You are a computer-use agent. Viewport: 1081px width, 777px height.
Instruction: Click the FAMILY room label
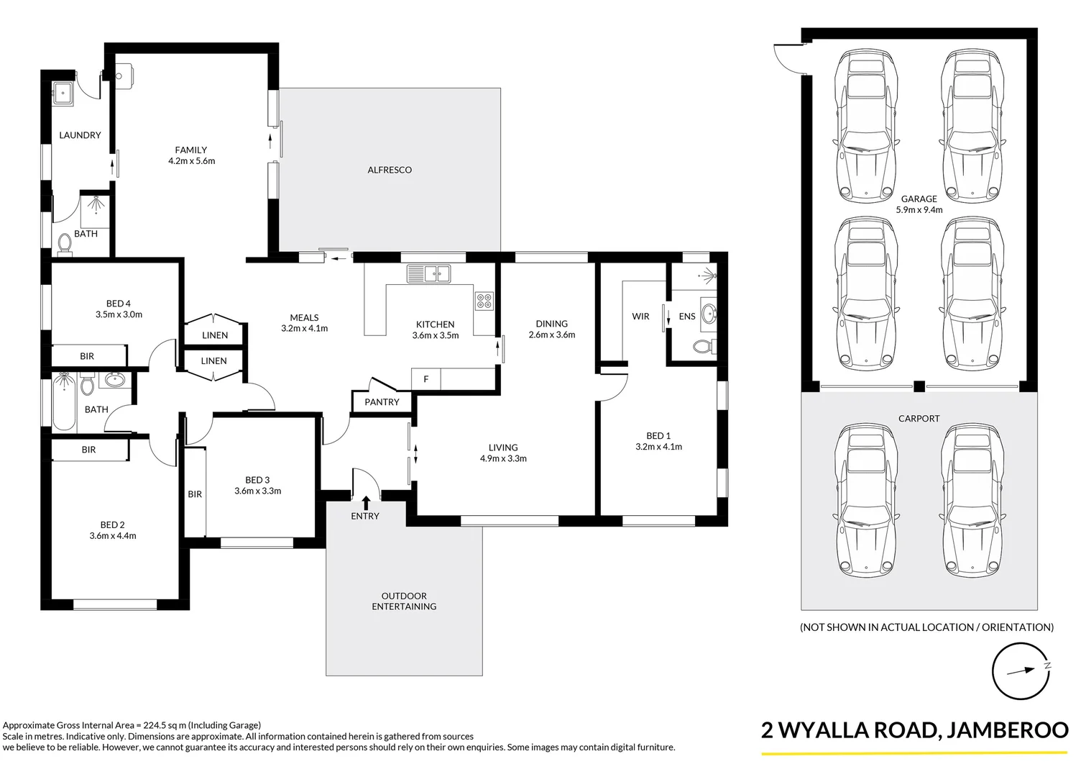point(190,150)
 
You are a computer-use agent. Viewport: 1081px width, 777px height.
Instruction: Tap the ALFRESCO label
point(390,170)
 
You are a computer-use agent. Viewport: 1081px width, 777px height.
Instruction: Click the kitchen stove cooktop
point(484,301)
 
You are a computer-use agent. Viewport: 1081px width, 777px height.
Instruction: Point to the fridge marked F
point(425,379)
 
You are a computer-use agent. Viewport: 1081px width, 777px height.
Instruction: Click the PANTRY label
point(382,402)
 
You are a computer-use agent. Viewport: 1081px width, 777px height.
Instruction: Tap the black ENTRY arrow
point(366,501)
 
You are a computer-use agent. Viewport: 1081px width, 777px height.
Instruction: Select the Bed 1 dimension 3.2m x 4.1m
point(658,447)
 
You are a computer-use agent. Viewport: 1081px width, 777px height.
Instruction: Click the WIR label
point(640,317)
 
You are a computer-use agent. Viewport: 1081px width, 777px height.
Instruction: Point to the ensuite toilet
point(704,347)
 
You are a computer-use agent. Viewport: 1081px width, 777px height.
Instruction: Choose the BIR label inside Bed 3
point(195,494)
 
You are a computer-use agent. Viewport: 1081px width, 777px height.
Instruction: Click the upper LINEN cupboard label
point(215,335)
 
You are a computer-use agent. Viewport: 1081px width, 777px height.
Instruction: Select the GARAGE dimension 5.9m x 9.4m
point(919,210)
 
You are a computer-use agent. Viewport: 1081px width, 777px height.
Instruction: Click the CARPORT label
point(919,418)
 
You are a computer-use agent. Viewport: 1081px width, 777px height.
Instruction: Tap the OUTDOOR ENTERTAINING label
point(403,601)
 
